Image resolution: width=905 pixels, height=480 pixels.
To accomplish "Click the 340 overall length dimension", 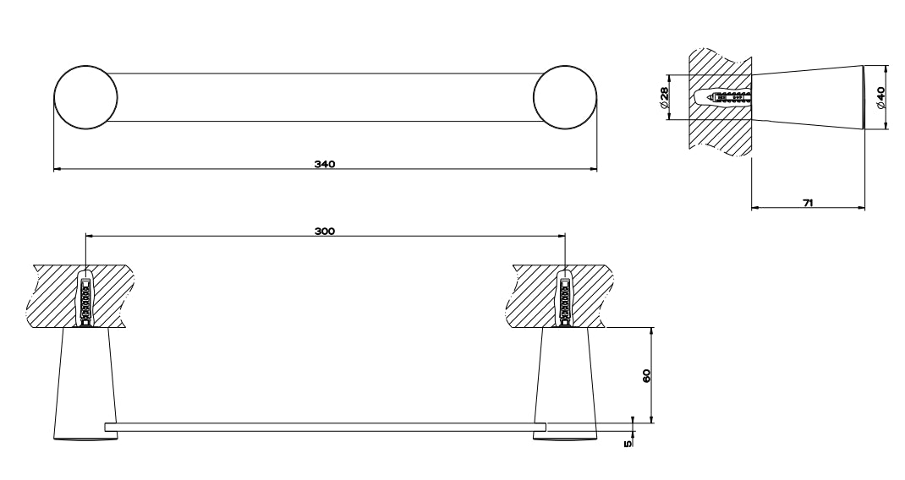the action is tap(325, 165).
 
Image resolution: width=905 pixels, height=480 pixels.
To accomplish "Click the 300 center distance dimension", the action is tap(325, 232).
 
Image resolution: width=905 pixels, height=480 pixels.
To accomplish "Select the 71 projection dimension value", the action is tap(808, 203).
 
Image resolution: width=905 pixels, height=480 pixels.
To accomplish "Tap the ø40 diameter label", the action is tap(880, 97).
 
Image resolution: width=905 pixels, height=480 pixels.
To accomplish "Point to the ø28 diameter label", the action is tap(664, 97).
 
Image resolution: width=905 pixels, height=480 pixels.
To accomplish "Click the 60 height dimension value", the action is tap(646, 375).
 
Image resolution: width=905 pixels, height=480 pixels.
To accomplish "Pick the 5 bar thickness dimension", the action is tap(628, 443).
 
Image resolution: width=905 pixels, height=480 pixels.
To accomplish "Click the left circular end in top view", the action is tap(85, 97).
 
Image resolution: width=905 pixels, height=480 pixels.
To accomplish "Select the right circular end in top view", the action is tap(565, 97).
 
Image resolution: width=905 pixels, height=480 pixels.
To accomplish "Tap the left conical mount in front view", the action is tap(85, 385).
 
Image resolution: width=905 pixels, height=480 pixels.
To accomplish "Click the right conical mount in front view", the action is tap(565, 385).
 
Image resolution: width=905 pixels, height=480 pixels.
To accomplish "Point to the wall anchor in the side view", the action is tap(724, 97).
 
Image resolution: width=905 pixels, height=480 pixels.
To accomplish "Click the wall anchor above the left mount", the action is tap(85, 299).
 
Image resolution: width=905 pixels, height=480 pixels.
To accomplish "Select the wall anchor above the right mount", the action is tap(565, 299).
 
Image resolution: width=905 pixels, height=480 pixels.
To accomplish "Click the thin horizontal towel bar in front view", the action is tap(326, 427).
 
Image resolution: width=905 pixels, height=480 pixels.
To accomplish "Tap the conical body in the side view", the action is tap(809, 97).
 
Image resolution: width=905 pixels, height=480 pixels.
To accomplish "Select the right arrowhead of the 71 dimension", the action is tap(861, 208).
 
